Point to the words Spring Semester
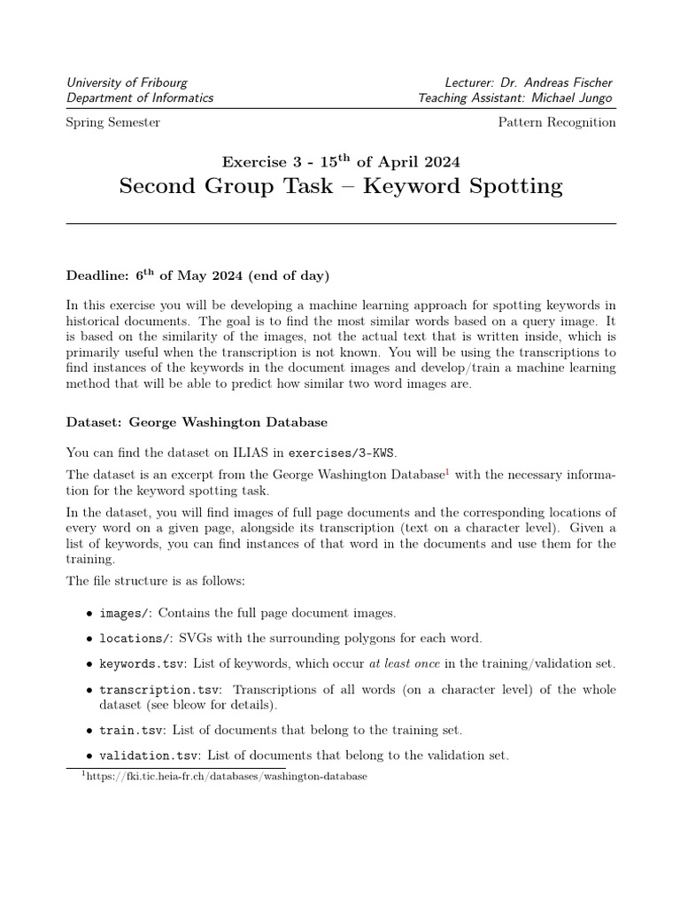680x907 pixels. pos(113,122)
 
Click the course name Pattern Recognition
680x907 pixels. pos(557,122)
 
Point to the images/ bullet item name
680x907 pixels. pos(125,613)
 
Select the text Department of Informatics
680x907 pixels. pos(140,98)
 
